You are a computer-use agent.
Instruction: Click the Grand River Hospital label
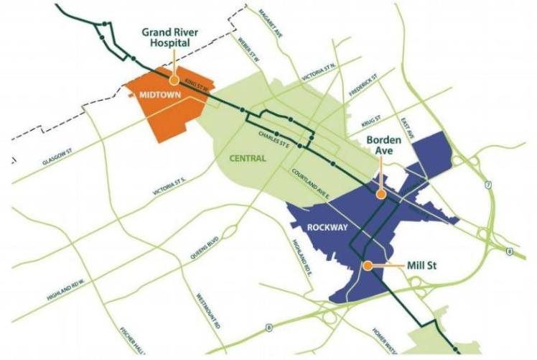point(166,37)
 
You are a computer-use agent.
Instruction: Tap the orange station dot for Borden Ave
point(381,193)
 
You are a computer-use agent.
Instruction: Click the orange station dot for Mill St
point(367,265)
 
